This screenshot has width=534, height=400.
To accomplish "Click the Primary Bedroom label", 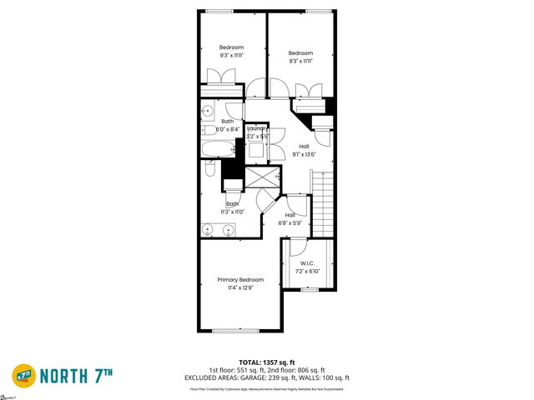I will tap(240, 279).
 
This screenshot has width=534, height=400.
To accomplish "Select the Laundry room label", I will tap(256, 128).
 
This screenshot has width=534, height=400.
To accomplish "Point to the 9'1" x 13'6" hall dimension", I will tap(304, 154).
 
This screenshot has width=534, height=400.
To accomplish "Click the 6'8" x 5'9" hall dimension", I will tap(295, 222).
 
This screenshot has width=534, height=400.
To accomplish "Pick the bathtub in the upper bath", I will tap(218, 149).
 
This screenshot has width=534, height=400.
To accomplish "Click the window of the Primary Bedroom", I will tap(235, 331).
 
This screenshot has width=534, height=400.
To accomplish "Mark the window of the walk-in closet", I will tap(310, 289).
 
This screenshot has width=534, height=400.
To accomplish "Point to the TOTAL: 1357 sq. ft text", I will tap(267, 362).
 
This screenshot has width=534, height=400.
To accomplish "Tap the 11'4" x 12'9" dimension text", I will tap(240, 287).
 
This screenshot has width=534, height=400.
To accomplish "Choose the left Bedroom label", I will tap(231, 47).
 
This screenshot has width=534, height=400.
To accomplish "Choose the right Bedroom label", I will tap(300, 52).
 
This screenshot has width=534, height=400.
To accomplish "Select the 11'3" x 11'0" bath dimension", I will tap(233, 212).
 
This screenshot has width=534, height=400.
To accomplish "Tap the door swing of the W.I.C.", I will tap(298, 247).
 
